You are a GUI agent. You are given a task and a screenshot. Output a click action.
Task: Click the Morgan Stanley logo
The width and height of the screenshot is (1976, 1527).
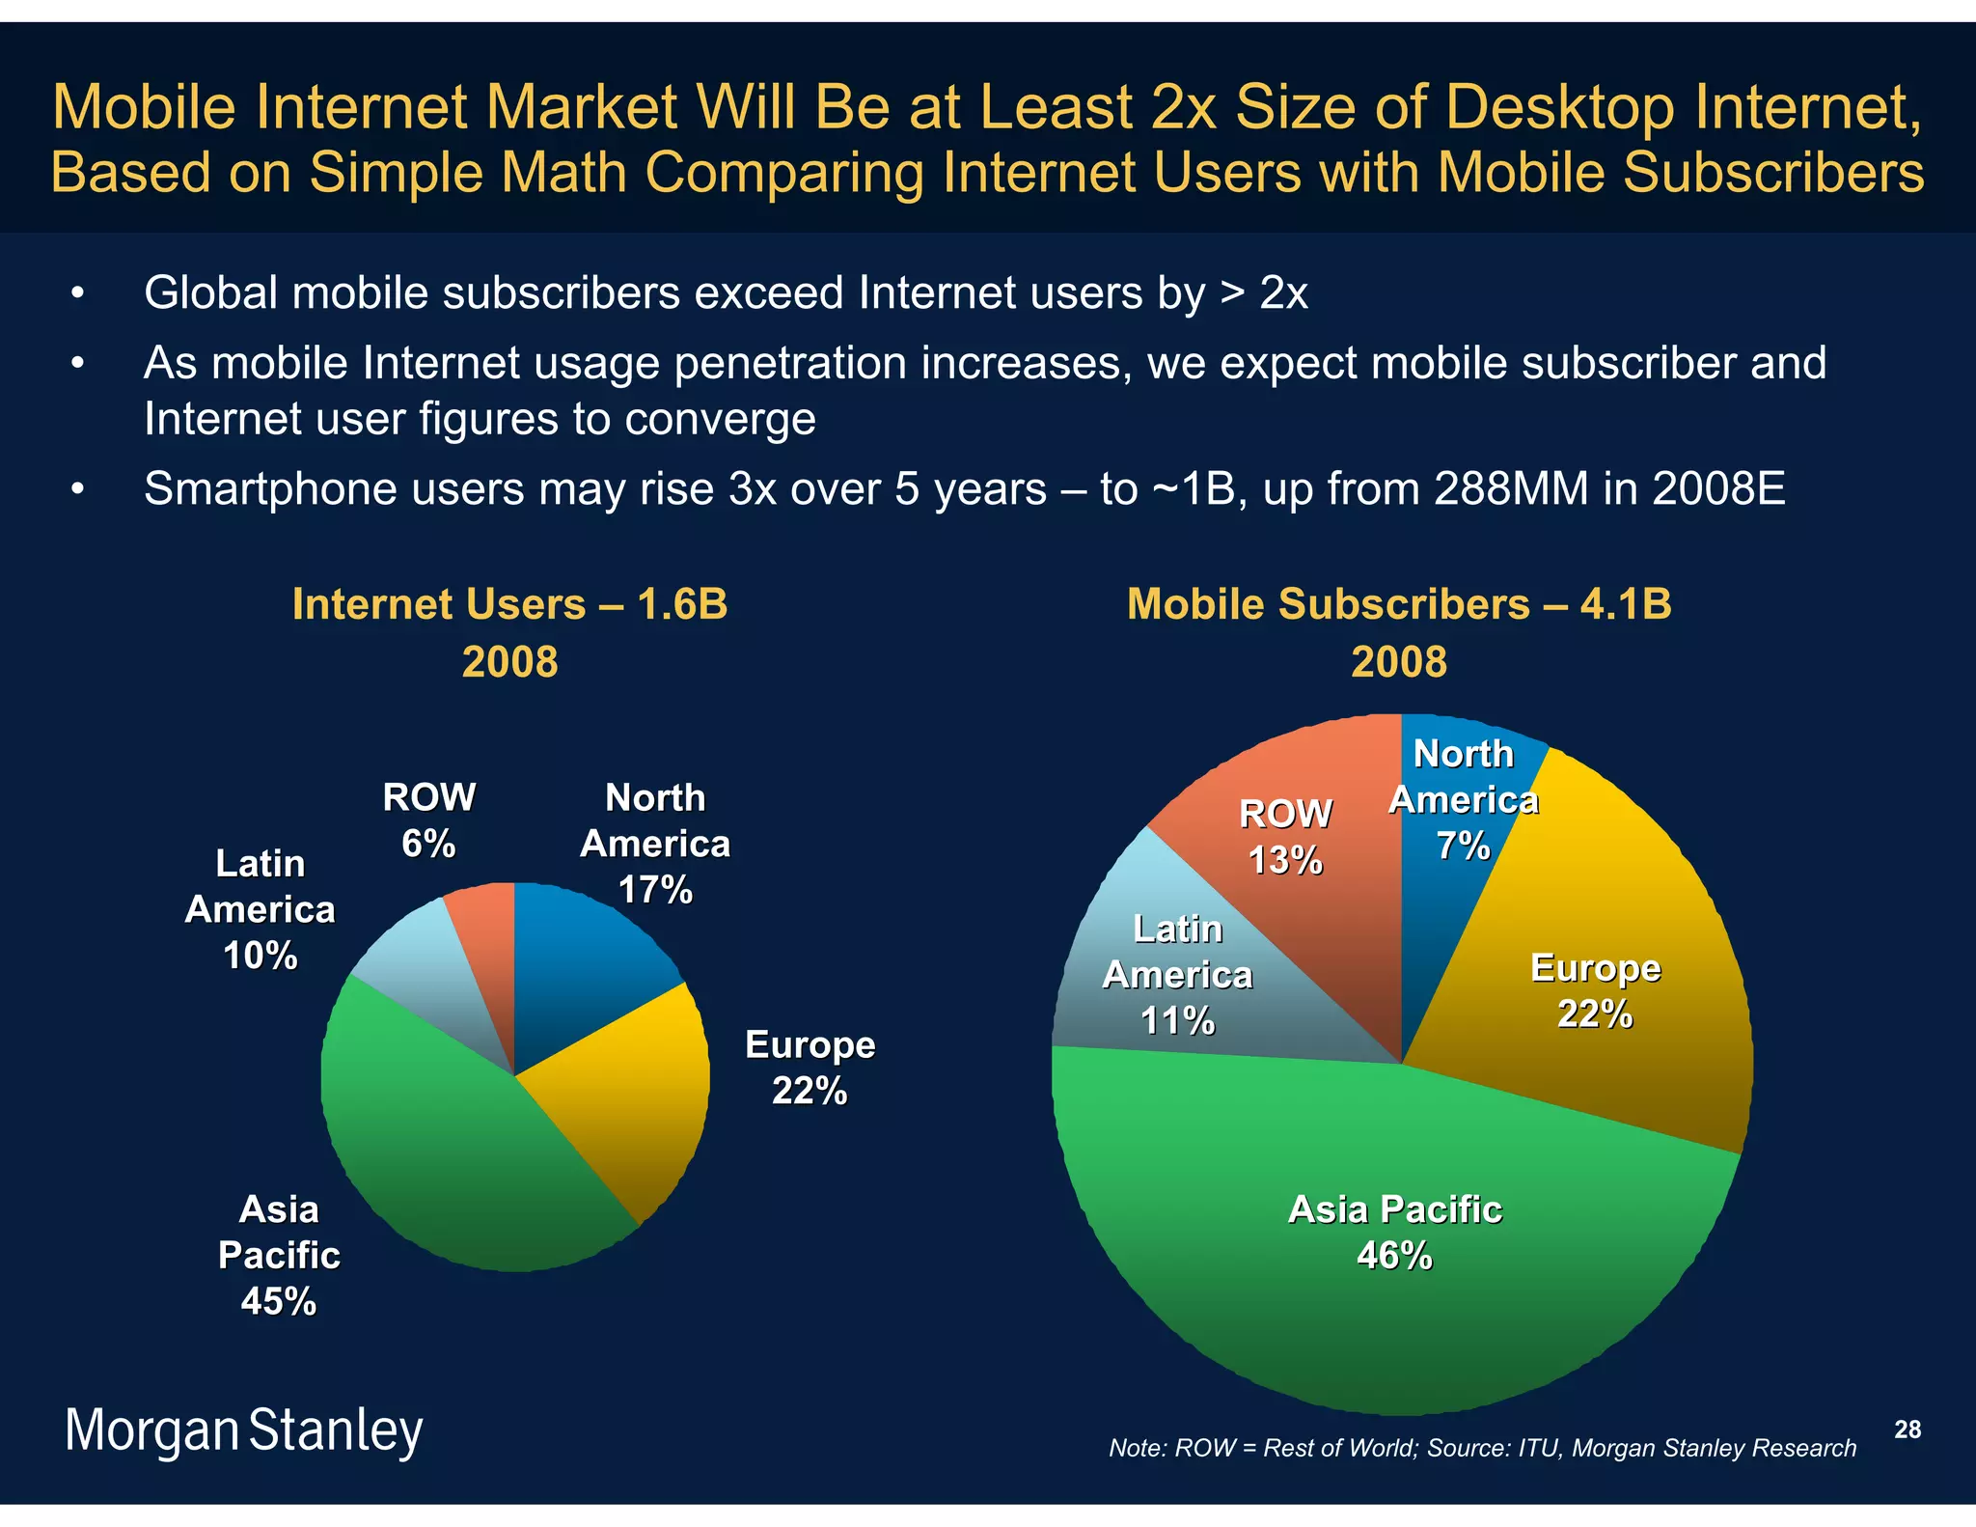(x=243, y=1430)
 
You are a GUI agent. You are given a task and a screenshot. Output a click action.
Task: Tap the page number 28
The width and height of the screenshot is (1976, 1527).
(x=1907, y=1430)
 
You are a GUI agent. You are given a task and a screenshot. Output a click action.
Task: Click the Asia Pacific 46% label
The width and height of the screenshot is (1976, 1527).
(x=1395, y=1233)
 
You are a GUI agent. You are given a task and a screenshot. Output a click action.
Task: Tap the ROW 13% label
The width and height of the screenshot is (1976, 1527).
(x=1285, y=836)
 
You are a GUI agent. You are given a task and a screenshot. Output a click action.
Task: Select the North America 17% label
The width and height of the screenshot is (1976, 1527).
(x=655, y=843)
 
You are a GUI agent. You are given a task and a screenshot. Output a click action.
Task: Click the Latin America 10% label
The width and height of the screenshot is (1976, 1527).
(x=260, y=908)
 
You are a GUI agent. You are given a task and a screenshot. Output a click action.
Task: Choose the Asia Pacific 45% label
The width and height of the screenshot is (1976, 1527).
(x=279, y=1255)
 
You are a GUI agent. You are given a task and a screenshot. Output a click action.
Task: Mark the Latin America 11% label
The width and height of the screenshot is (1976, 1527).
(x=1177, y=975)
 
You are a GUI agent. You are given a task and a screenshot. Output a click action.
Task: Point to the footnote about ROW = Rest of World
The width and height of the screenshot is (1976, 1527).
(x=1482, y=1448)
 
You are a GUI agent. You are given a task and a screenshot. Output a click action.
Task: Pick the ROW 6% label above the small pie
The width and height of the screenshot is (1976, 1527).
(x=428, y=819)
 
